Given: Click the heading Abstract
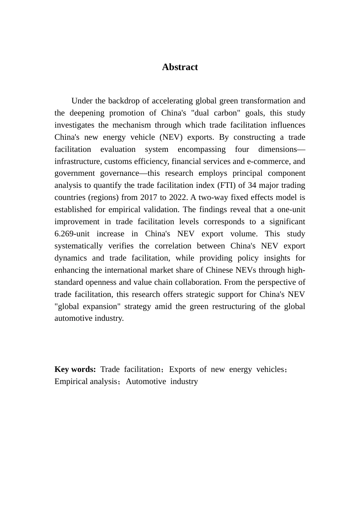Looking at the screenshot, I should [180, 67].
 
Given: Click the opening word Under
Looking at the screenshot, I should [81, 101].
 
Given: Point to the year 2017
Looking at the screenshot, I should [149, 197].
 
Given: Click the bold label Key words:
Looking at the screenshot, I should [75, 369].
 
